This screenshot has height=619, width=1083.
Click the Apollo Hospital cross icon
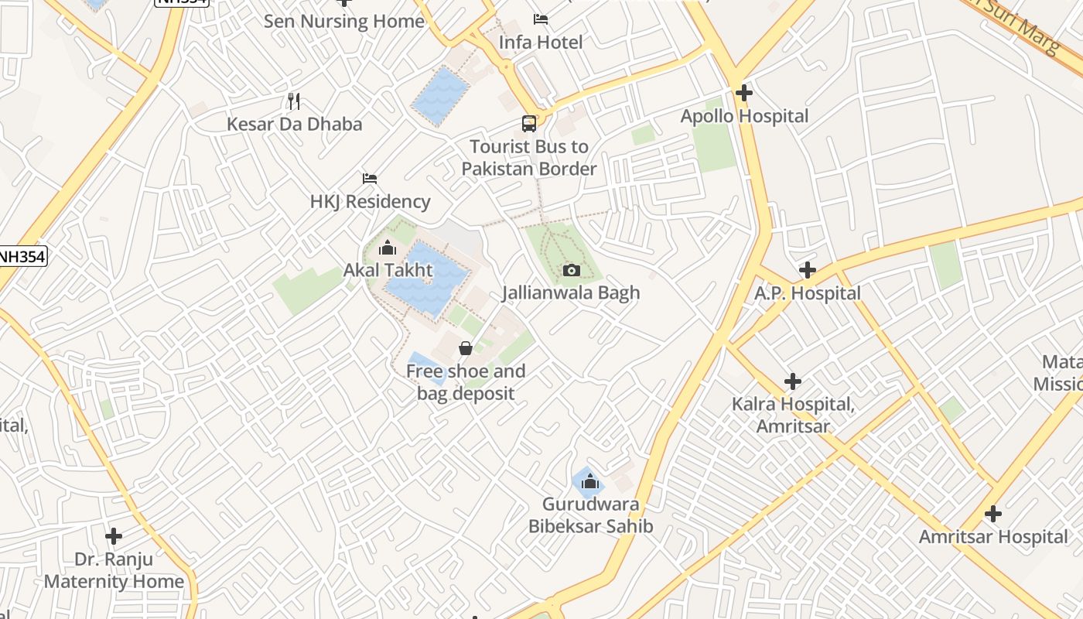(744, 93)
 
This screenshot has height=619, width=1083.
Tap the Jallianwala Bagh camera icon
(572, 270)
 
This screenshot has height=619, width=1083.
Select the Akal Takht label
(388, 271)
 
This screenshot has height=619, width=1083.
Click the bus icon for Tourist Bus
(529, 124)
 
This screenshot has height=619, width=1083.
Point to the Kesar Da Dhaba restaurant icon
(294, 101)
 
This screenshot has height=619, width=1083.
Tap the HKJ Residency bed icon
(370, 179)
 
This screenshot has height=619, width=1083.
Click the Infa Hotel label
(540, 42)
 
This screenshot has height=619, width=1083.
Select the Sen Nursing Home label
(344, 21)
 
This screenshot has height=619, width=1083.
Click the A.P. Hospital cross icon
(808, 270)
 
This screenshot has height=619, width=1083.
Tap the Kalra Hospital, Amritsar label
(793, 416)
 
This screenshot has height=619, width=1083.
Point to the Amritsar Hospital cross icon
(993, 514)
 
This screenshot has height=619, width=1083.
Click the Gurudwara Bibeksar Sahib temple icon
(590, 482)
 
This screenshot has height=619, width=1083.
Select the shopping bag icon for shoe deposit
(466, 348)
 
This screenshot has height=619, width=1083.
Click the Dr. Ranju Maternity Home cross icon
(114, 535)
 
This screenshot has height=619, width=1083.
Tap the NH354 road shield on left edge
(23, 256)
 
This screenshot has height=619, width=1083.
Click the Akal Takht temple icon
(388, 248)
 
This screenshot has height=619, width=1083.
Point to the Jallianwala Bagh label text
(571, 292)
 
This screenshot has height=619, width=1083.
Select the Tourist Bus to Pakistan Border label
(529, 158)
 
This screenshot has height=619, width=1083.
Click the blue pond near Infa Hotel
(440, 95)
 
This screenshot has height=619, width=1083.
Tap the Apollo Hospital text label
(744, 116)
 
